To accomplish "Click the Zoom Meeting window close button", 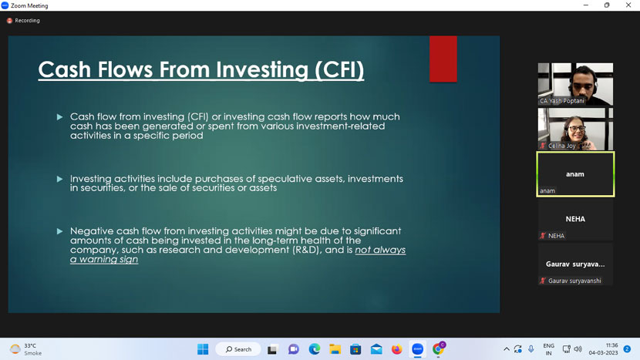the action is [628, 5].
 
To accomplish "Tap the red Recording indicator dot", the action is [9, 20].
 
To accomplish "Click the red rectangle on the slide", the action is [443, 59].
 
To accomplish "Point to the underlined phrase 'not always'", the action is [380, 250].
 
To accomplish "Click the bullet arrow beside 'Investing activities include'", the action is [60, 179].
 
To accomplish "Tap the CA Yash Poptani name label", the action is [561, 101].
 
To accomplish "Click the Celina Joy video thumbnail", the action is [575, 129].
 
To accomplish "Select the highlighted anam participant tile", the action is [575, 174].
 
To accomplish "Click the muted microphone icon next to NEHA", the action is [543, 236].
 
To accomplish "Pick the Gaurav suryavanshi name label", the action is [574, 281].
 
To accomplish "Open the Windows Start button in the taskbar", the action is [203, 349].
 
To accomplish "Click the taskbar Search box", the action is [238, 349].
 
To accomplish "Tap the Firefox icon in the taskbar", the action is [397, 349].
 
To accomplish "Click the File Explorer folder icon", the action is [335, 349].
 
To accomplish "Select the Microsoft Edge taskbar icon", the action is [315, 349].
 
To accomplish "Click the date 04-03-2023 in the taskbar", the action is [603, 353].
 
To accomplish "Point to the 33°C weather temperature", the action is [30, 345].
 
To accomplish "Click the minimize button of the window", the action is [586, 5].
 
